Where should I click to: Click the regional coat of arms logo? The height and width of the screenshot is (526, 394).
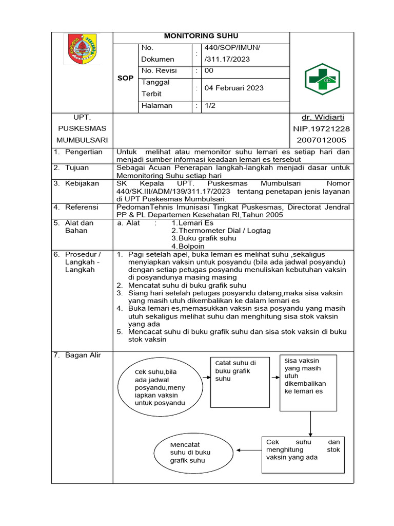[82, 49]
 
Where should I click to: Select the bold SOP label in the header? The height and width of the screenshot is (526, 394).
[125, 78]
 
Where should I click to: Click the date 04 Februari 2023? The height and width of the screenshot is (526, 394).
[234, 88]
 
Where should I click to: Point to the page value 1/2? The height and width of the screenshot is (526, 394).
[210, 105]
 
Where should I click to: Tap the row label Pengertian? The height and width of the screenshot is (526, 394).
[84, 152]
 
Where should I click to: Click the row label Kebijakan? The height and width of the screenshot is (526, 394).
[82, 183]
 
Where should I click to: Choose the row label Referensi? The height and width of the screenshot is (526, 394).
[81, 207]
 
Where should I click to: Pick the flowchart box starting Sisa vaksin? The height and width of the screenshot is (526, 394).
[308, 382]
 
